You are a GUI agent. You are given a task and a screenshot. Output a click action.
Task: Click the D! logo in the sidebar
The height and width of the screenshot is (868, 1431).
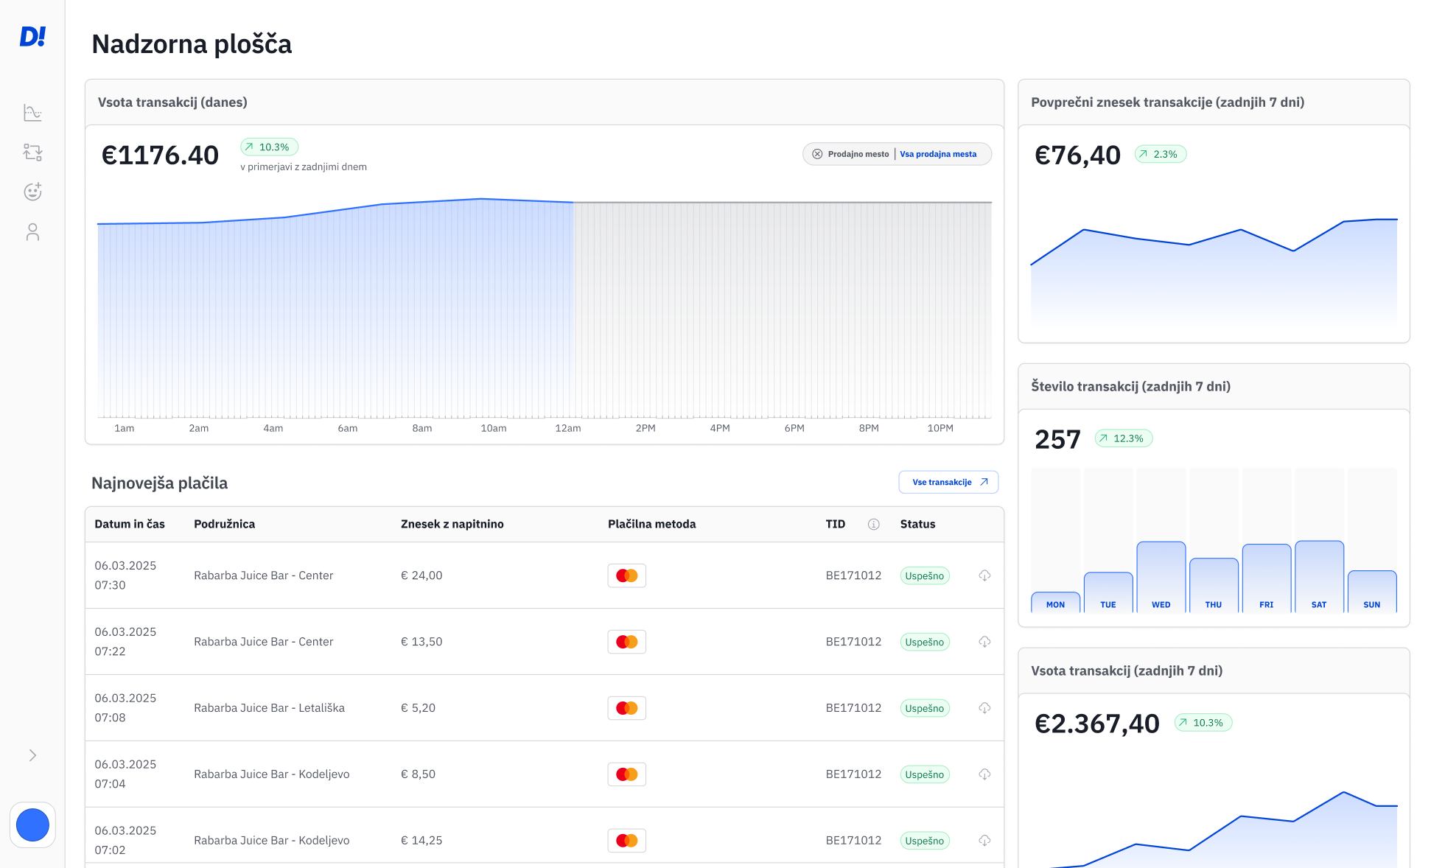click(32, 36)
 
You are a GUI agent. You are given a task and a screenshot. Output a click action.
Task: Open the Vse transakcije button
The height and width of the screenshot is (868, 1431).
click(948, 482)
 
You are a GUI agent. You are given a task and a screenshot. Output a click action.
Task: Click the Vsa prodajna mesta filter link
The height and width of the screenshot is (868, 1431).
click(937, 154)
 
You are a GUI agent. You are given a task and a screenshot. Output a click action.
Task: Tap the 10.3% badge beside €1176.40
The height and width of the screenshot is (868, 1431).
click(269, 147)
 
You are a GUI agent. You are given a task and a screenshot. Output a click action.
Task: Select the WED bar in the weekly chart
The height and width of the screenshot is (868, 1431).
click(1161, 577)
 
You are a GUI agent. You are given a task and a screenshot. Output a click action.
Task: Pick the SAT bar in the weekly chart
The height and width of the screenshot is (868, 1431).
click(1318, 577)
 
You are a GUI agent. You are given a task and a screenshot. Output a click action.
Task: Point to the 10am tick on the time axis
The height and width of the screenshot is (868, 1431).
click(493, 428)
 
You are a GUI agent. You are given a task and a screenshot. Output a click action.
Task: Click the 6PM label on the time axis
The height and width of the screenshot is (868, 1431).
click(794, 428)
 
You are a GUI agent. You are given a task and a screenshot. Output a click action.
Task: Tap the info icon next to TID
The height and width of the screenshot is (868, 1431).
click(873, 524)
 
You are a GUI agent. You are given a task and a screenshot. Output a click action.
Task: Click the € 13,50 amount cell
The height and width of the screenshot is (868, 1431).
click(421, 642)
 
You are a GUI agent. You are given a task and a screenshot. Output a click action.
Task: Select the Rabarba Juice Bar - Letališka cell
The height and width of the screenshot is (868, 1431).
click(269, 708)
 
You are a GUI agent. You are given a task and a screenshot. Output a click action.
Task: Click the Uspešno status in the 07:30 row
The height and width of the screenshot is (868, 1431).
click(924, 575)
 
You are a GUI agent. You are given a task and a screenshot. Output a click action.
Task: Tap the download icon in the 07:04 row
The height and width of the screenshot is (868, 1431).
click(984, 774)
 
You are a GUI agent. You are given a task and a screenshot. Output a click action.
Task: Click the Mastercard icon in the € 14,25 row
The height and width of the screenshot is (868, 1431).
click(626, 840)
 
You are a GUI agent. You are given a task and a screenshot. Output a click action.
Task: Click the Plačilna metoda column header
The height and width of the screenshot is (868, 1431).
click(651, 524)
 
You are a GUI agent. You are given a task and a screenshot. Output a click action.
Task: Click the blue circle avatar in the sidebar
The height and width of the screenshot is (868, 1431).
click(32, 825)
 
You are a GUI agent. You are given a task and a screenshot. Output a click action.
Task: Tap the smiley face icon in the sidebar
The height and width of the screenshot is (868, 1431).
click(32, 192)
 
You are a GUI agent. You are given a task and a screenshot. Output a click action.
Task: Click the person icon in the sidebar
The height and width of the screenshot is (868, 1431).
click(32, 232)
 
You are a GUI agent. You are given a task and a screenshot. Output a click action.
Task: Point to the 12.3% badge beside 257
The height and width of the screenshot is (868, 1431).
click(1123, 438)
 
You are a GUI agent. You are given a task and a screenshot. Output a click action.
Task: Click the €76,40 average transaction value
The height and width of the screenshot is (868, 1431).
click(1077, 155)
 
